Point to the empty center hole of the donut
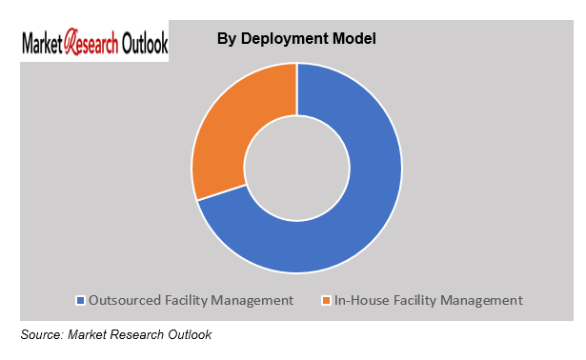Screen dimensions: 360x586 pos(296,169)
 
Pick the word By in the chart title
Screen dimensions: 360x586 pos(227,39)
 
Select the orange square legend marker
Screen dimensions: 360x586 pos(325,301)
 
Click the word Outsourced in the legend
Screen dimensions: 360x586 pos(124,300)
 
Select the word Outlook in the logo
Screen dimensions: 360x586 pos(143,44)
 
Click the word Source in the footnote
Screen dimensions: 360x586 pos(41,334)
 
